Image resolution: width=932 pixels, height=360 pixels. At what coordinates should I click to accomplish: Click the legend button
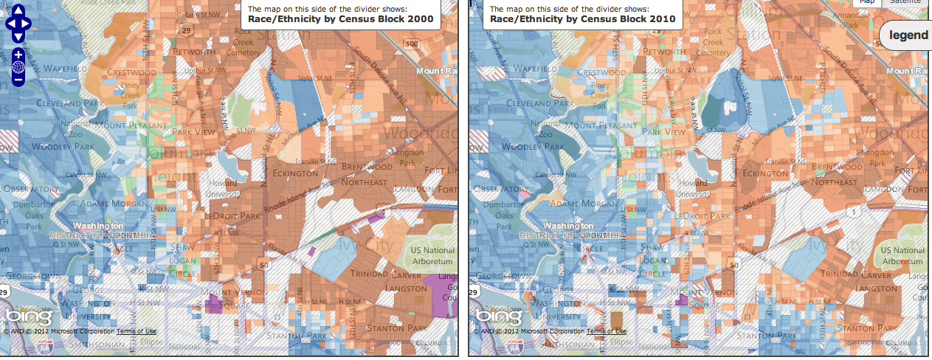coord(908,35)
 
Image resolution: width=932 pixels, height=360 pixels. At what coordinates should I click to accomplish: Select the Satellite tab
coord(905,2)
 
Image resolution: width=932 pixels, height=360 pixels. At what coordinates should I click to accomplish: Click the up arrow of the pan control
coord(18,10)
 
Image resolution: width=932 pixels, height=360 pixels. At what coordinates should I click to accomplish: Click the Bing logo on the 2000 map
coord(30,316)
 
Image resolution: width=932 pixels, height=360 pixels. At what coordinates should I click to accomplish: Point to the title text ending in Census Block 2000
coord(340,20)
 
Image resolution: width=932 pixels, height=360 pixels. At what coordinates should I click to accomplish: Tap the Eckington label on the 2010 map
coord(765,173)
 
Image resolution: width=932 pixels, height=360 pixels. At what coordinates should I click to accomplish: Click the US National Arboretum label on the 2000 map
coord(432,256)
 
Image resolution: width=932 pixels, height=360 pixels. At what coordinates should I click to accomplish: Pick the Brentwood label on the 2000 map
coord(367,167)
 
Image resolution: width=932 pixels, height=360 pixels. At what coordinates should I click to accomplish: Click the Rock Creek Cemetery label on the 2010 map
coord(713,42)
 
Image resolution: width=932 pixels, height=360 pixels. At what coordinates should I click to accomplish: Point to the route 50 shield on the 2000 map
coord(264,263)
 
